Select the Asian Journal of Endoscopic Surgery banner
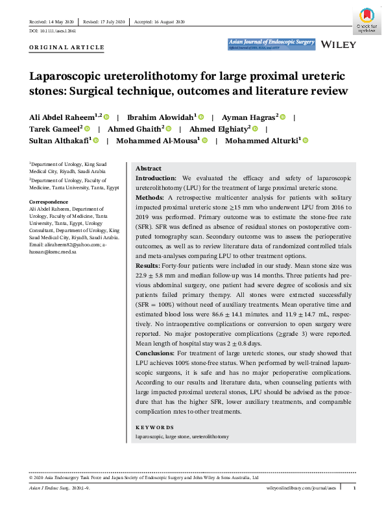(271, 43)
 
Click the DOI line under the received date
(49, 31)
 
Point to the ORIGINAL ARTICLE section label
(67, 47)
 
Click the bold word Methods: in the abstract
(150, 196)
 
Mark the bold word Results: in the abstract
(149, 265)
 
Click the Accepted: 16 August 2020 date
(160, 22)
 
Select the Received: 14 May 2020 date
(51, 22)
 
